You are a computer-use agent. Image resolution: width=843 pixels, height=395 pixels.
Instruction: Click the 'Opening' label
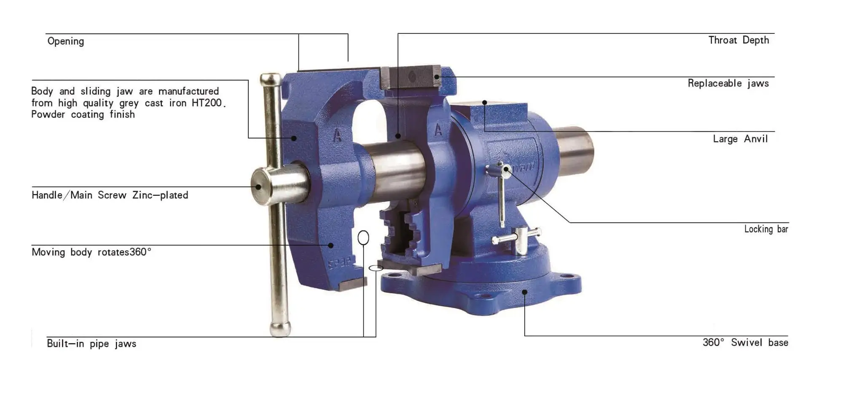(x=66, y=41)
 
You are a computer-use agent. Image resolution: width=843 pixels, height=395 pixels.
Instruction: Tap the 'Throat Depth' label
(x=738, y=40)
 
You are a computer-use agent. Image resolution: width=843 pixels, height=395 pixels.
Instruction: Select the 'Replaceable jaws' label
(x=728, y=83)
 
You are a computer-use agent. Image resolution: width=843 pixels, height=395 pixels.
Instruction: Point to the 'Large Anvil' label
(x=740, y=139)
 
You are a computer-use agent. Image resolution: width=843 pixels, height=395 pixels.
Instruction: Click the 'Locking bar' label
(x=766, y=229)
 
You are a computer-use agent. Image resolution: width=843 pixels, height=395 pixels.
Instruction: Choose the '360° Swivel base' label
(x=745, y=342)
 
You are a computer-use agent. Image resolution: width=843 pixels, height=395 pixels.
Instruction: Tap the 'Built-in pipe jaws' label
(x=91, y=344)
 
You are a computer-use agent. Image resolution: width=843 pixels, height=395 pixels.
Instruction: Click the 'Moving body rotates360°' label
(x=91, y=252)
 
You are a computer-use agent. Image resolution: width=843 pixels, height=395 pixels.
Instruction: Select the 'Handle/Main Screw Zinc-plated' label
(x=110, y=195)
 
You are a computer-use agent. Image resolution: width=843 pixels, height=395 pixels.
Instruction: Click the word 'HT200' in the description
(x=207, y=103)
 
